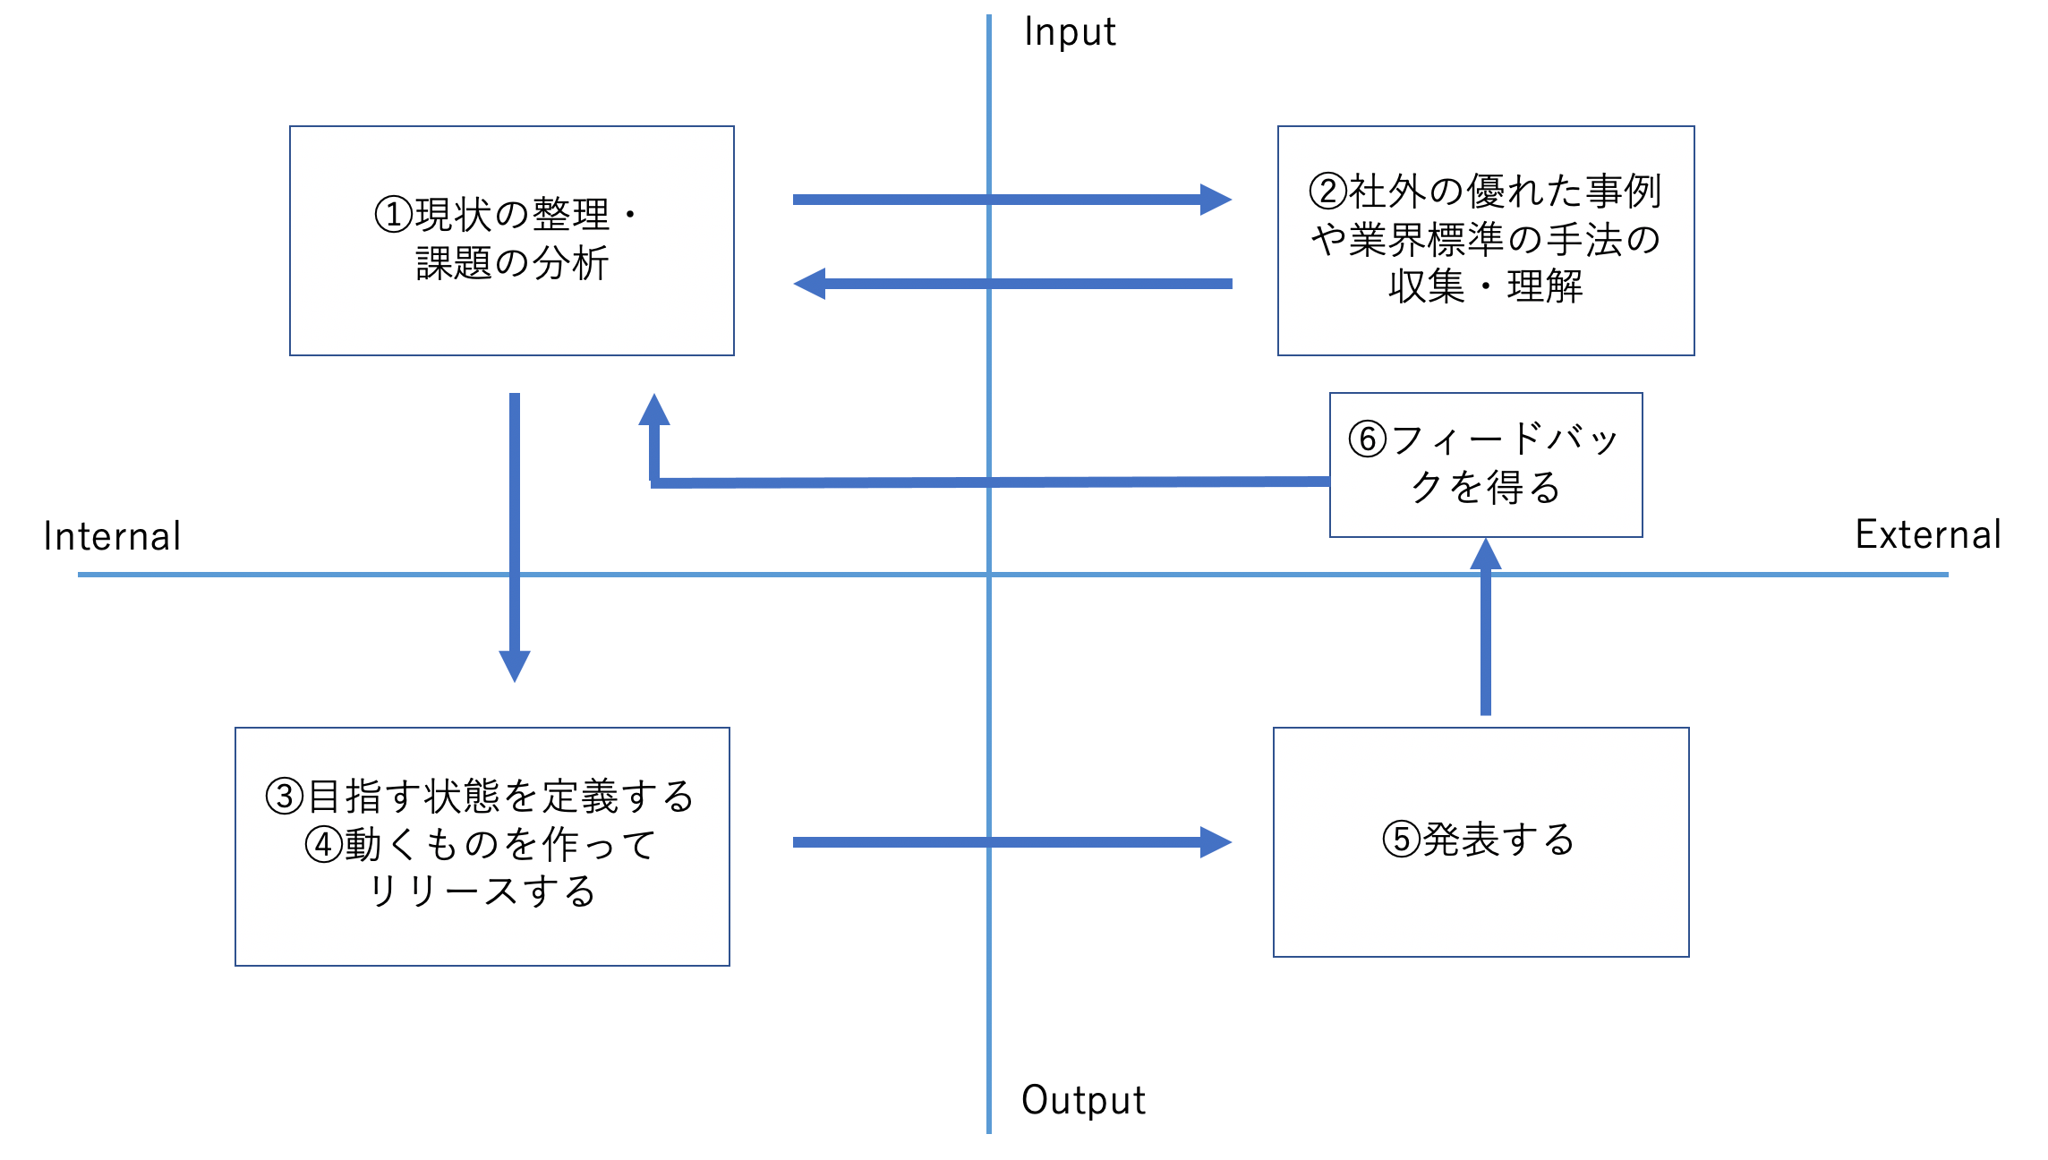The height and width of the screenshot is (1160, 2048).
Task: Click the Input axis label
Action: point(1070,33)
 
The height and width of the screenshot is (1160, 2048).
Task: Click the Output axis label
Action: point(1083,1101)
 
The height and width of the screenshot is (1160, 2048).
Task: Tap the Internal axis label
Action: point(112,537)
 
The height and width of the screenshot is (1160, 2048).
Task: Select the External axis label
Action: point(1928,535)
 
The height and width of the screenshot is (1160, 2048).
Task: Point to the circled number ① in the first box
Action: point(394,215)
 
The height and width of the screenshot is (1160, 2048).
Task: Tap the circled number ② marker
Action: point(1328,191)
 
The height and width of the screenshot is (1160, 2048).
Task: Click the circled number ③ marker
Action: point(285,796)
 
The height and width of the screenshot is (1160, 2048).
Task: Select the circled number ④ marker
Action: point(324,844)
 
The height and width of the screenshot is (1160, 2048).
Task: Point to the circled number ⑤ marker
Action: point(1402,840)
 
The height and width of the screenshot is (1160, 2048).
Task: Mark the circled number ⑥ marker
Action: point(1368,439)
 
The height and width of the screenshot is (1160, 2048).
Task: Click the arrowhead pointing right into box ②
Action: point(1216,200)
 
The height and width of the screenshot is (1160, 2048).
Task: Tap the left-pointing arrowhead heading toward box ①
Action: point(810,284)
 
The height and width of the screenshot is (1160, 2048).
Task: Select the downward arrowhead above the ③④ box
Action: point(515,666)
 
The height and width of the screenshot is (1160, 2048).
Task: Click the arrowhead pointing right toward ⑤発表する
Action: point(1216,842)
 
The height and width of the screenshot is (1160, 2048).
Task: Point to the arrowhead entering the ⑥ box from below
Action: point(1486,554)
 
